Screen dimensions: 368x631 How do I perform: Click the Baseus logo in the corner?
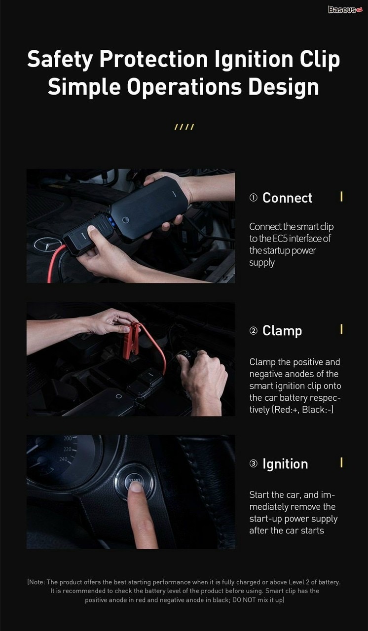(345, 9)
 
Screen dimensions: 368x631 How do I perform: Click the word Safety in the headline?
(60, 60)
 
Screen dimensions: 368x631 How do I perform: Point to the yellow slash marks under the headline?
(184, 127)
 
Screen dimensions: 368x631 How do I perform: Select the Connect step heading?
(287, 198)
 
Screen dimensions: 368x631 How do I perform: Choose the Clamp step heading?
(282, 331)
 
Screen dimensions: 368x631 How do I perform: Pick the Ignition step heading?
(285, 464)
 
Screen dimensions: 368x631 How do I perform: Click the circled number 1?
(254, 198)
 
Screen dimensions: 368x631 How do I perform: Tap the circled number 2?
(254, 330)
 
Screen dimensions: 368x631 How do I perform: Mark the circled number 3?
(254, 463)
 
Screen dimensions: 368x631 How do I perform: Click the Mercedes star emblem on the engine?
(48, 245)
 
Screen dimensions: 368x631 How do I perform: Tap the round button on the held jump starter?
(125, 220)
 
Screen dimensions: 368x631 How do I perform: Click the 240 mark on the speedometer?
(64, 459)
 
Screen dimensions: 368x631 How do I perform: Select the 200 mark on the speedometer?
(68, 438)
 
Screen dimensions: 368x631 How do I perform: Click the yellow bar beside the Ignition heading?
(341, 462)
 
